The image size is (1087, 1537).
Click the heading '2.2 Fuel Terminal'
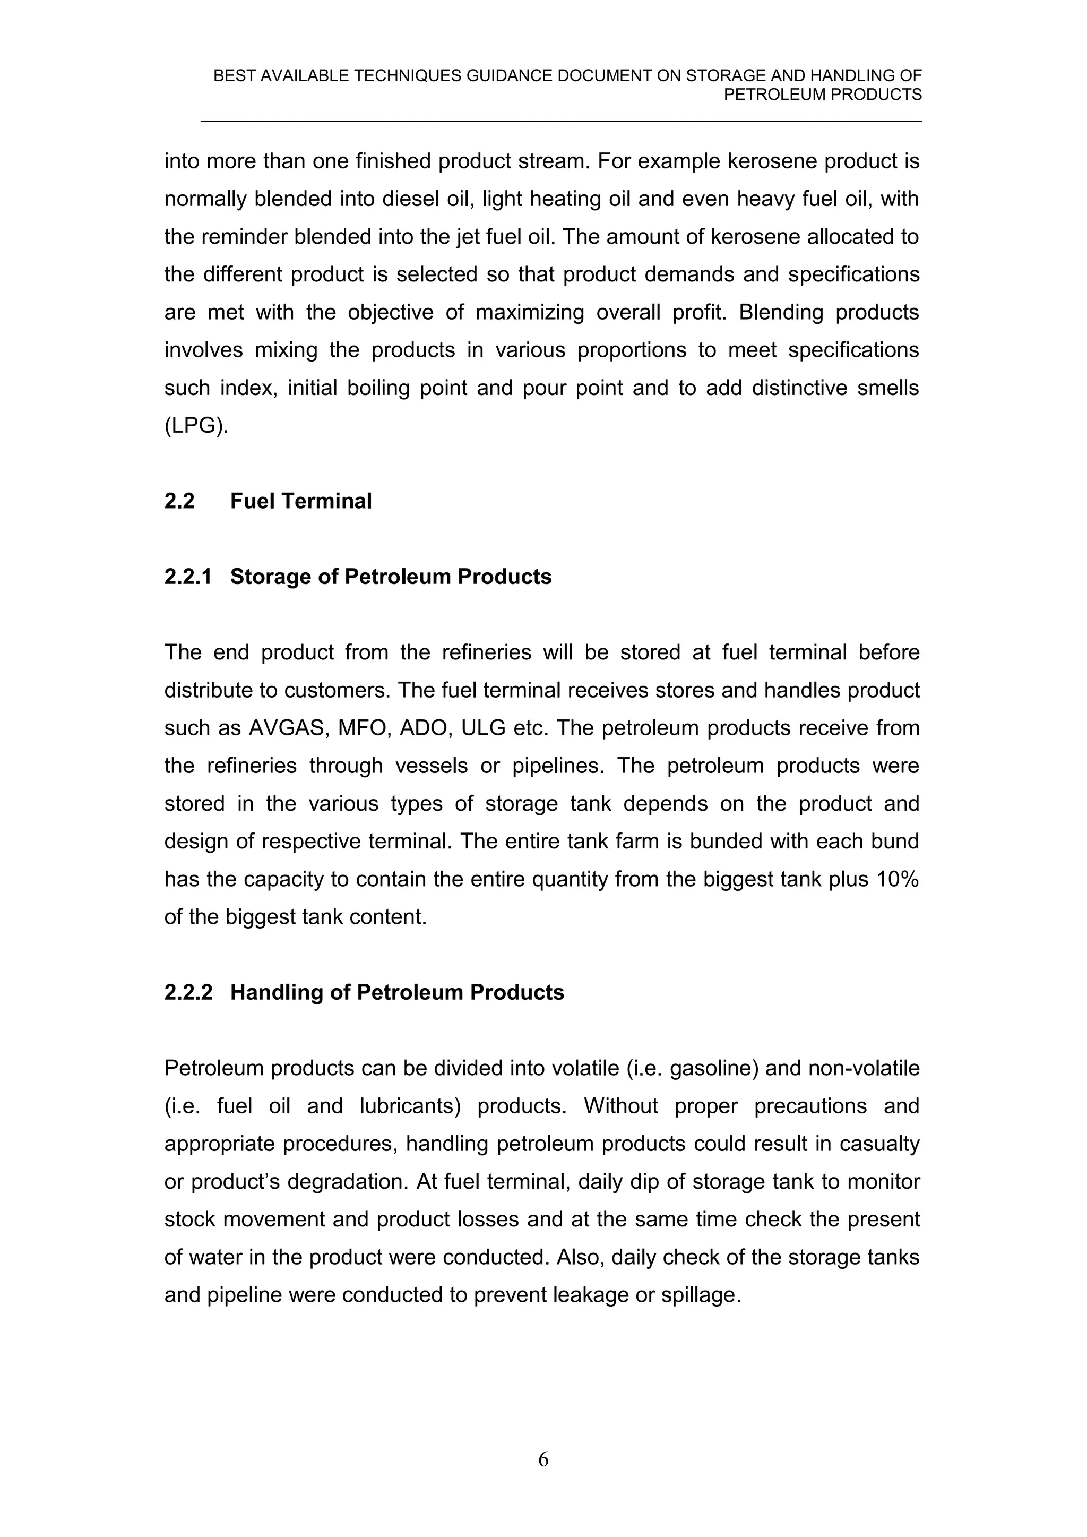(267, 501)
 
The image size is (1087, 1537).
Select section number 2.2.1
(187, 577)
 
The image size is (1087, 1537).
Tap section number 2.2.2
(188, 992)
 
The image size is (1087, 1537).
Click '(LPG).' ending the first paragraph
(196, 426)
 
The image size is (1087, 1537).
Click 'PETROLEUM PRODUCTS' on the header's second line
(823, 95)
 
